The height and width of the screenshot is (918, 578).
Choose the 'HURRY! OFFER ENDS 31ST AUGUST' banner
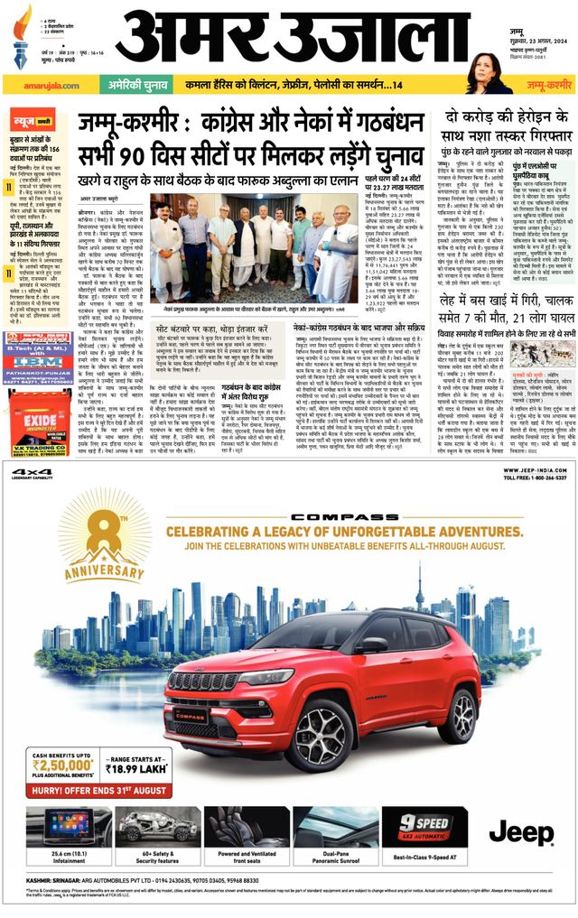[100, 790]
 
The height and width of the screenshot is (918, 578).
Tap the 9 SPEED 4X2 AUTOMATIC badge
[417, 823]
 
